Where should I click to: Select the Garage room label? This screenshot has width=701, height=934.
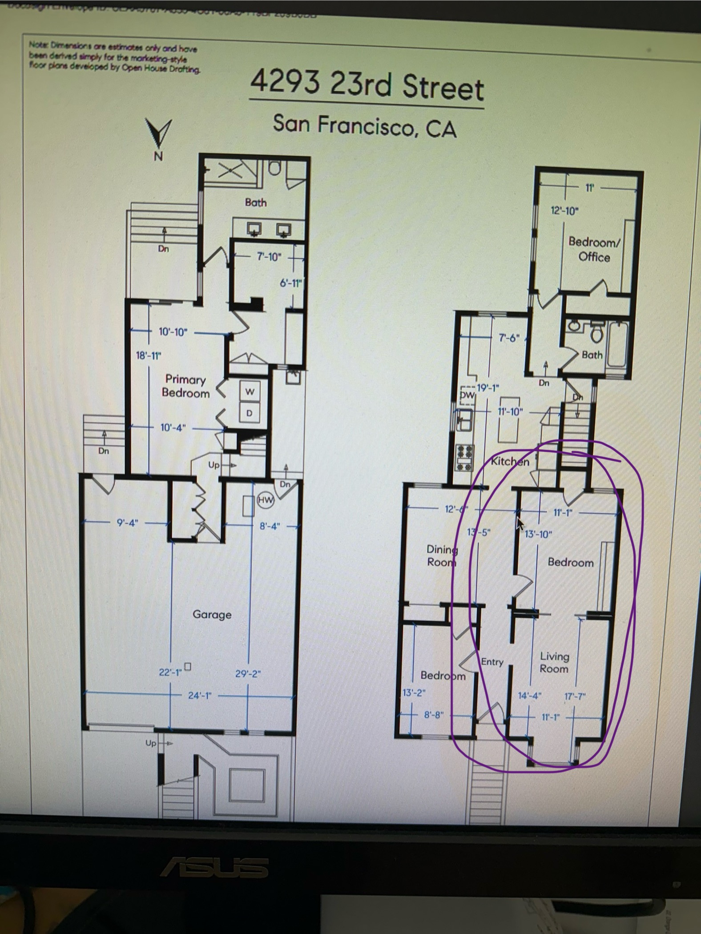click(212, 615)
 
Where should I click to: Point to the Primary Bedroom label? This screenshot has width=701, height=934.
click(185, 386)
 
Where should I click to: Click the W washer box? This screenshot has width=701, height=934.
click(250, 391)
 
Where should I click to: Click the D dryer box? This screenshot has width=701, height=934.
click(249, 413)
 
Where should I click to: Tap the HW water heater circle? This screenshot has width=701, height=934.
click(266, 500)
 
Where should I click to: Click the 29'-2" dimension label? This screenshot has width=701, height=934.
click(248, 673)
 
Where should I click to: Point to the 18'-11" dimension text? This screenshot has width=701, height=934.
click(149, 355)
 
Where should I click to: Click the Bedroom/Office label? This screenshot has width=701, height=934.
click(594, 250)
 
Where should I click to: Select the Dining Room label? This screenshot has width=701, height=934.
click(442, 556)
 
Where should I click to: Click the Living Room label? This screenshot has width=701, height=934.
click(554, 662)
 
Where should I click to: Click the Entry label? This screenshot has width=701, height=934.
click(492, 662)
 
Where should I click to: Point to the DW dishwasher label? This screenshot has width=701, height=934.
click(467, 395)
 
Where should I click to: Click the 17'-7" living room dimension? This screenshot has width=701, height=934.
click(575, 696)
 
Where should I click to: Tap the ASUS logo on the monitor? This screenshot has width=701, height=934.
click(214, 867)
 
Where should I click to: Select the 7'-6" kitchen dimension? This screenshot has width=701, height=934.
click(509, 338)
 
